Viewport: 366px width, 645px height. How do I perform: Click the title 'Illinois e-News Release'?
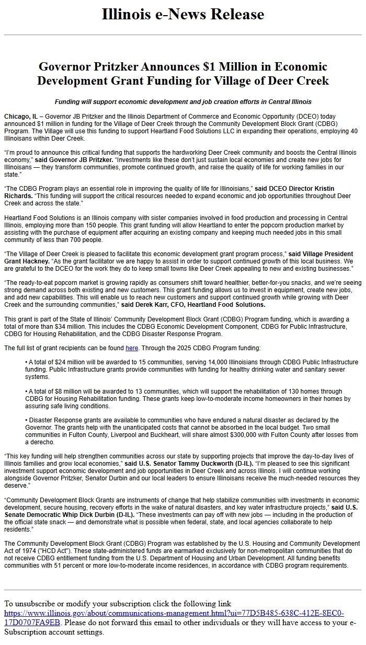coord(182,14)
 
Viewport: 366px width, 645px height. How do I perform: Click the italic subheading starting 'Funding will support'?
coord(182,102)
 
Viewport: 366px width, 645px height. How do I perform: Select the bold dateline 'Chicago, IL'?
coord(20,116)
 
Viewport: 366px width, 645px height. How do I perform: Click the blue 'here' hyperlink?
coord(131,348)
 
